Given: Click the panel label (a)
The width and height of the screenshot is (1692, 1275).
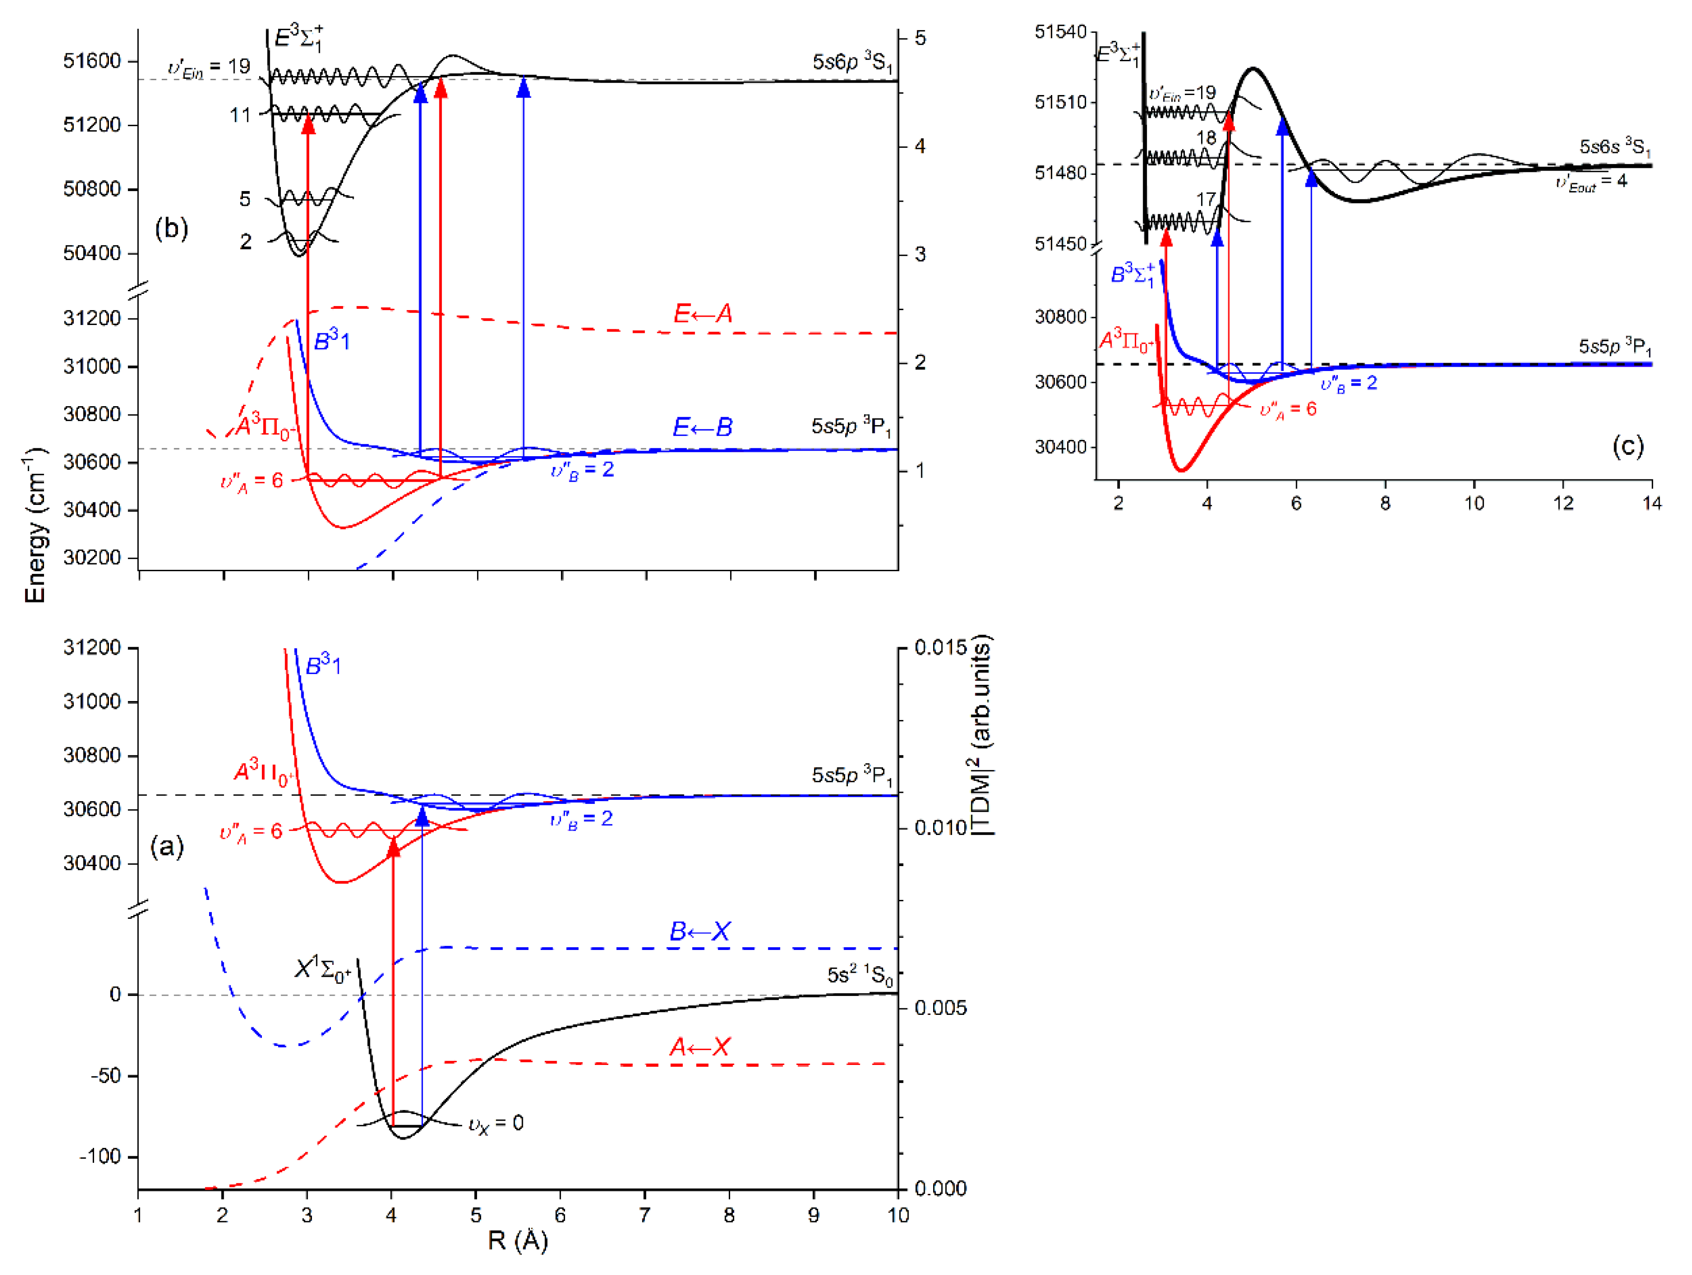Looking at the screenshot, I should point(167,847).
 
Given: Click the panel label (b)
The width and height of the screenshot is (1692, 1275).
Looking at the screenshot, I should point(172,228).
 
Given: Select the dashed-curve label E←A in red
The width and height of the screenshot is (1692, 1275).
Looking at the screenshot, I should point(702,313).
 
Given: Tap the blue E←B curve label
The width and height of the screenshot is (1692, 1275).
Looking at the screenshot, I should point(702,427).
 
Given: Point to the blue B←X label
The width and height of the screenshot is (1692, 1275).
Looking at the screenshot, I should point(700,931).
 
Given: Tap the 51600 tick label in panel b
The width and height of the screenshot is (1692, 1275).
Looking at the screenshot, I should point(92,61).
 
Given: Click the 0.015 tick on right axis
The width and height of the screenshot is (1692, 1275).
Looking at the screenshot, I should point(941,648).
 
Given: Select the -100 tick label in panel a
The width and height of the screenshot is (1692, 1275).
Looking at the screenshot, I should point(100,1156).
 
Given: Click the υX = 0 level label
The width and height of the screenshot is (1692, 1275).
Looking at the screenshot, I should point(496,1124).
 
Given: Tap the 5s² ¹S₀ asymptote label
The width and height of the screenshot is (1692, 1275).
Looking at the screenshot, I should point(860,976).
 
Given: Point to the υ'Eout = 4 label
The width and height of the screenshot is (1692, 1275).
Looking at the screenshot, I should point(1591,183).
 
